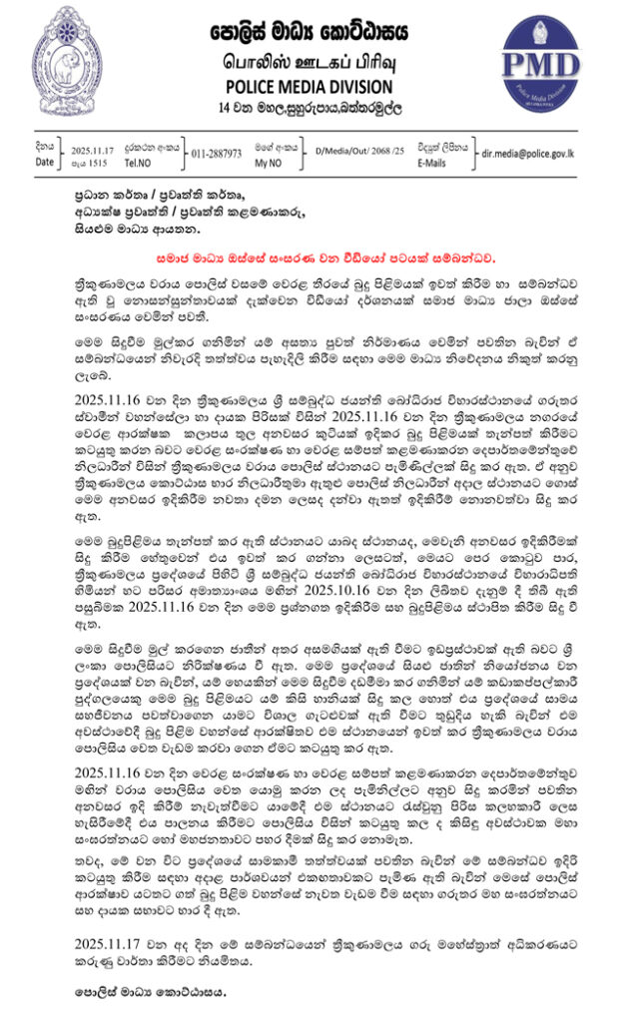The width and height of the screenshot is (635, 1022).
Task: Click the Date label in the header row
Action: point(45,162)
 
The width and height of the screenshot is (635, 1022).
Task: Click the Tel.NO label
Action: point(141,162)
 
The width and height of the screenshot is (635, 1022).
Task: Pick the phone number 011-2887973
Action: point(216,154)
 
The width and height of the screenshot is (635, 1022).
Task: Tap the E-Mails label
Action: point(432,162)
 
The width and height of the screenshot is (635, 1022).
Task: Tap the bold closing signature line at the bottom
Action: point(151,992)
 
